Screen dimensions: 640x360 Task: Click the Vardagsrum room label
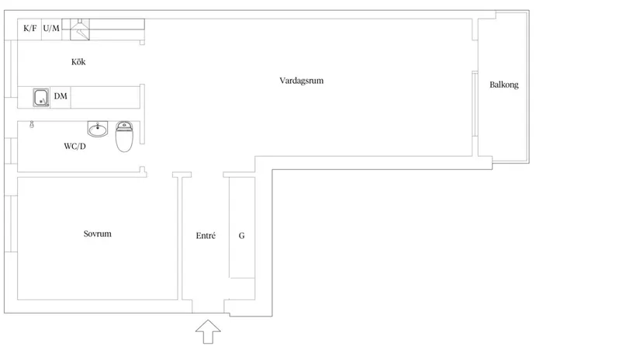(301, 81)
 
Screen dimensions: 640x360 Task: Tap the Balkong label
(503, 85)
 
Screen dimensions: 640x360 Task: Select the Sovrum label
(97, 234)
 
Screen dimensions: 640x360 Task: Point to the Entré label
(206, 236)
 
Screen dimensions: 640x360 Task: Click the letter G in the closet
(241, 236)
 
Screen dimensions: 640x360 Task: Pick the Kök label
(78, 61)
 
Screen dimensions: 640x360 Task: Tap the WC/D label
(74, 146)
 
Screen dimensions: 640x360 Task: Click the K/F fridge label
(29, 28)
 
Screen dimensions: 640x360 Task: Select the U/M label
(51, 28)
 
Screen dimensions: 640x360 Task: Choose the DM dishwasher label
(61, 96)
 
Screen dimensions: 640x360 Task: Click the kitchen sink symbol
(41, 98)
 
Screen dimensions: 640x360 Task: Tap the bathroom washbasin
(98, 129)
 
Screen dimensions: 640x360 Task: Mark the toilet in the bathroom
(124, 137)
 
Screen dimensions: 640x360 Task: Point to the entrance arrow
(208, 331)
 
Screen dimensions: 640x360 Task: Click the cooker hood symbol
(80, 29)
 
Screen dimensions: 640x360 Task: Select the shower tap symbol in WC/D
(32, 124)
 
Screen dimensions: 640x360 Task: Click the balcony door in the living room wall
(475, 104)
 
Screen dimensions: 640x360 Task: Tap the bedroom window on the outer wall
(11, 223)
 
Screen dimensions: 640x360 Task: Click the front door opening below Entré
(208, 306)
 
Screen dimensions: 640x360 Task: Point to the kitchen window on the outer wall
(11, 69)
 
